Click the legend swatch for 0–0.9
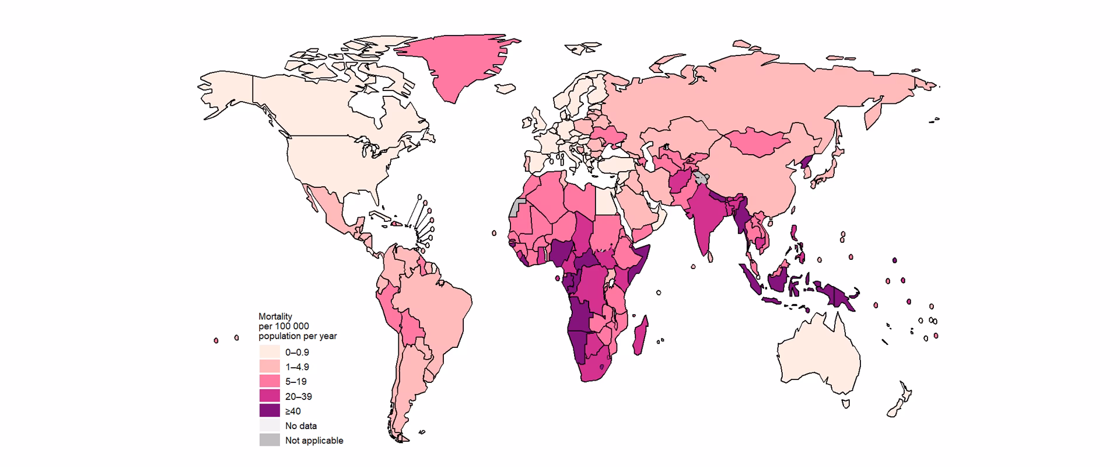point(269,353)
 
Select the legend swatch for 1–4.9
point(269,367)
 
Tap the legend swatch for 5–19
point(269,382)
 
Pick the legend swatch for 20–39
point(269,396)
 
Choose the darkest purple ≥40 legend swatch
point(269,411)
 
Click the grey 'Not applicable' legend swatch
point(269,440)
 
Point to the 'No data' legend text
point(301,426)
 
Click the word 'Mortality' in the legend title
point(275,316)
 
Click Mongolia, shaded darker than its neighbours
point(758,143)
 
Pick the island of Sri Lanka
point(711,255)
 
